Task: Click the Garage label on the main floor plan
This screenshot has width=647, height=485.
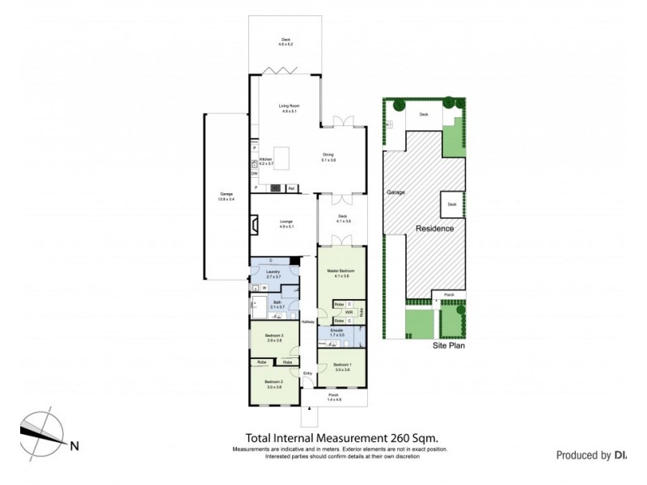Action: click(226, 194)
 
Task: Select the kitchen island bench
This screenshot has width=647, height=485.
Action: click(283, 154)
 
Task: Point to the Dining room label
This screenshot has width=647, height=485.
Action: click(328, 154)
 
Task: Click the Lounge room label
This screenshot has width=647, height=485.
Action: click(285, 223)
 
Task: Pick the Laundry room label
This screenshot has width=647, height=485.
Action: click(273, 272)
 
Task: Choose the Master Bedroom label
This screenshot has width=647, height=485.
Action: click(341, 270)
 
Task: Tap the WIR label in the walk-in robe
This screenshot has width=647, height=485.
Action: click(349, 312)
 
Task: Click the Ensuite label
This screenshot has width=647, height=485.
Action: click(336, 331)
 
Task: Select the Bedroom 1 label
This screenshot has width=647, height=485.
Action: click(341, 367)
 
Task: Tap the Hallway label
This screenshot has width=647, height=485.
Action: click(307, 323)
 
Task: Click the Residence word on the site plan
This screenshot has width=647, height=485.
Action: click(435, 229)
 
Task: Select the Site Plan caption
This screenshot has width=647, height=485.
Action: click(448, 344)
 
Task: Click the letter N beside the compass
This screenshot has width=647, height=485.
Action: click(74, 445)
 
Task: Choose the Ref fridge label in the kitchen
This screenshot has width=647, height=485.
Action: click(290, 188)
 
